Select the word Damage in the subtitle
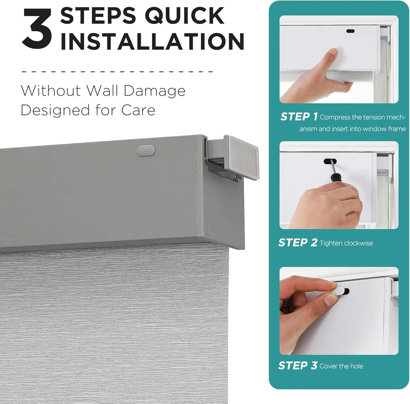pos(154,91)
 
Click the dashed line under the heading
pos(117,72)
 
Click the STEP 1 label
pos(298,117)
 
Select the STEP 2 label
pos(297,242)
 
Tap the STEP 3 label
pos(297,366)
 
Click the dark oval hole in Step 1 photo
pos(350,31)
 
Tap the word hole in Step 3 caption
pos(356,366)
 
